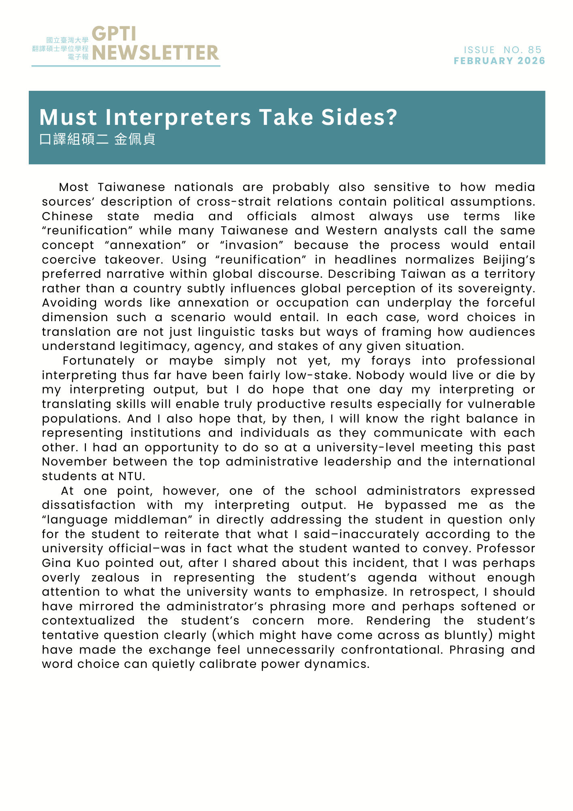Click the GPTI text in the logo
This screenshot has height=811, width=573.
[x=114, y=34]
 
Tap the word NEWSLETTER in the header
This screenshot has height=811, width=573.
[x=155, y=53]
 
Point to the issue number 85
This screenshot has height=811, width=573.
[x=535, y=50]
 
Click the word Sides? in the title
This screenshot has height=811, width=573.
[x=359, y=118]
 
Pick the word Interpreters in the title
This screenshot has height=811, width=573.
[x=178, y=118]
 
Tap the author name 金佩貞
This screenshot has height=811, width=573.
[x=135, y=139]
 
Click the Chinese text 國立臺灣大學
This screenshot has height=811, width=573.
[x=67, y=40]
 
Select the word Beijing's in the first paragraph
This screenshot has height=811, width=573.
[x=509, y=260]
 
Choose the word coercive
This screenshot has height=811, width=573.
[x=69, y=260]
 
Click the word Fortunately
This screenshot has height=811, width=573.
[x=98, y=361]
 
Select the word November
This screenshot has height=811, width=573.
[x=74, y=462]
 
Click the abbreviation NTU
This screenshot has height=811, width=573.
[x=131, y=476]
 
